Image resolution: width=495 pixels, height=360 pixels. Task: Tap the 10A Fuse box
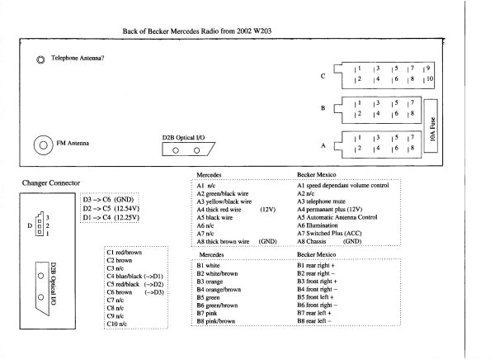(x=433, y=127)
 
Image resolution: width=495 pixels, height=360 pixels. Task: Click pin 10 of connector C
(x=428, y=78)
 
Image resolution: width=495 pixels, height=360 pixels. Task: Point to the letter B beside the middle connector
(x=324, y=107)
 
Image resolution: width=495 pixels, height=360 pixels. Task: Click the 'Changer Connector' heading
(x=53, y=181)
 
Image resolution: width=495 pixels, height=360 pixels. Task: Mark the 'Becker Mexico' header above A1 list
(x=318, y=175)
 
